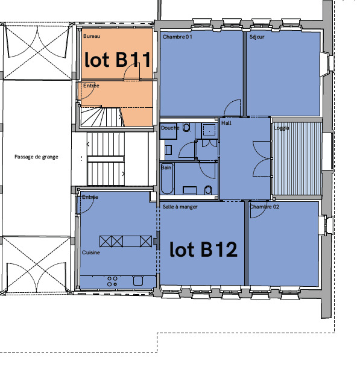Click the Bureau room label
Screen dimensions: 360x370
coord(92,36)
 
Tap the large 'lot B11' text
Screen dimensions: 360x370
coord(118,59)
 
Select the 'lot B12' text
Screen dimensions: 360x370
coord(203,249)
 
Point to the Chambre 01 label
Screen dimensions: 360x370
coord(177,37)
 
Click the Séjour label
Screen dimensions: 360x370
coord(257,37)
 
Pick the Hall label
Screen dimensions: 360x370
coord(226,123)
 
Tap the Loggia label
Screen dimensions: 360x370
coord(282,128)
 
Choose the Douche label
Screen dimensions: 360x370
coord(170,128)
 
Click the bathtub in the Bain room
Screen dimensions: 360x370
coord(167,179)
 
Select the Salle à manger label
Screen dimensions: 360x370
coord(180,207)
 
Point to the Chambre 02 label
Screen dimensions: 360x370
coord(264,207)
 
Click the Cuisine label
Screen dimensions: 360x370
coord(91,252)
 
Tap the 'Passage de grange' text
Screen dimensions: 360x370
coord(36,157)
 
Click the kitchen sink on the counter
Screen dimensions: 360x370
coord(138,281)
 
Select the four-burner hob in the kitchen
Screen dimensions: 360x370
coord(112,281)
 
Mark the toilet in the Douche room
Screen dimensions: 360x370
coord(186,128)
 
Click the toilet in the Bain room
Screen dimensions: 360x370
coord(208,190)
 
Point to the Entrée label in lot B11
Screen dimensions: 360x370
coord(91,86)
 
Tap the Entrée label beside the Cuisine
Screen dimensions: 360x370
coord(90,197)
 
